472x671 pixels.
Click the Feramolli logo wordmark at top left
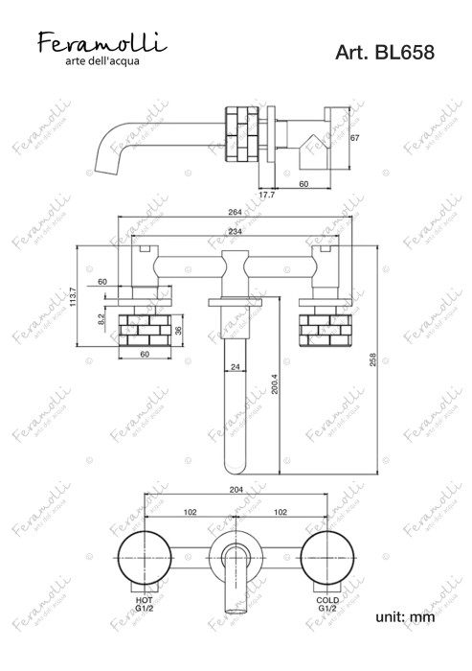[x=102, y=42]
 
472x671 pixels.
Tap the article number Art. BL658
[x=385, y=52]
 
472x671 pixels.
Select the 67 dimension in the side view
[x=354, y=138]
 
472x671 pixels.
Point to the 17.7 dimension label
[x=267, y=195]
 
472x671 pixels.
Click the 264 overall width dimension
[x=235, y=212]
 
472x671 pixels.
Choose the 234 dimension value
[x=235, y=232]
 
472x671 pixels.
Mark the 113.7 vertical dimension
[x=73, y=296]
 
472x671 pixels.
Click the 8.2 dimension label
[x=101, y=319]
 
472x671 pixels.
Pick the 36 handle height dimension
[x=179, y=331]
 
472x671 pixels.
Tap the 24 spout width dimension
[x=235, y=367]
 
